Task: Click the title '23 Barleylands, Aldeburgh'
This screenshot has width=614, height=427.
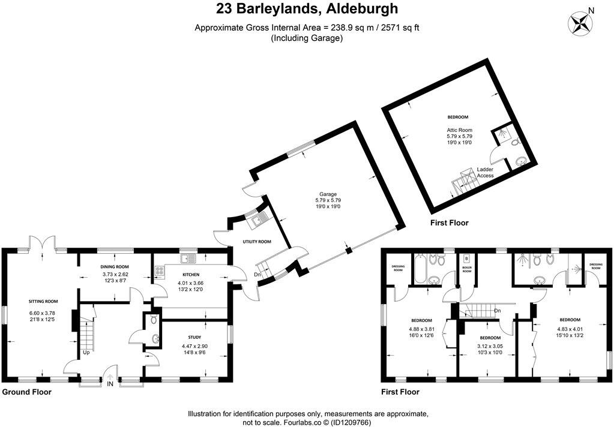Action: pos(307,9)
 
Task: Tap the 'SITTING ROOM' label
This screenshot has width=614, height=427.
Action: pos(43,301)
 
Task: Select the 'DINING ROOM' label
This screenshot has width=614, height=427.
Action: pos(114,267)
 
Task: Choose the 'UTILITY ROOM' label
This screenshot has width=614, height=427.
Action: pos(256,242)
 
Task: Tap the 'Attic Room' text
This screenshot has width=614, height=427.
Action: pos(459,130)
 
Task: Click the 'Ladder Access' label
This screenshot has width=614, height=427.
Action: pos(485,172)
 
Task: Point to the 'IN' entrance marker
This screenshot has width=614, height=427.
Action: pos(110,384)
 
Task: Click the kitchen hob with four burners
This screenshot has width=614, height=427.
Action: pos(160,270)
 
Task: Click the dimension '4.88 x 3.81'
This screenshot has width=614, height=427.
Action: pos(423,329)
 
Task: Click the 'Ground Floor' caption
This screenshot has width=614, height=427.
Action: pos(27,392)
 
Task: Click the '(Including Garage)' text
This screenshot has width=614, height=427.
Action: pos(307,38)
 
